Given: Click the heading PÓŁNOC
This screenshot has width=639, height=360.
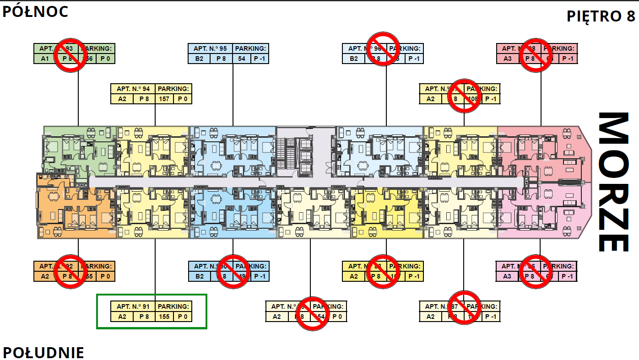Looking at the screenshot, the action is click(x=36, y=11).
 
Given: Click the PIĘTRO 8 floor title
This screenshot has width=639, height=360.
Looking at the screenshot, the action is click(x=601, y=16).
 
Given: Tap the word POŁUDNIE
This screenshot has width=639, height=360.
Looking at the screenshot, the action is click(x=43, y=352).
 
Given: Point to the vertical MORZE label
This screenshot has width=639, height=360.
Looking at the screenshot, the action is click(x=613, y=182).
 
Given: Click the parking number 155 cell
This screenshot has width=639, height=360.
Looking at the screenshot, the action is click(x=164, y=317).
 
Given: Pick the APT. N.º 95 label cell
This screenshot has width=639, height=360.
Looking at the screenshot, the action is click(x=210, y=48).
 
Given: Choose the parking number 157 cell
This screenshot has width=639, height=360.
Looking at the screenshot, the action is click(x=164, y=99).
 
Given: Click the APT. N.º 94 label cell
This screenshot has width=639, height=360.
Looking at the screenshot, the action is click(x=133, y=89).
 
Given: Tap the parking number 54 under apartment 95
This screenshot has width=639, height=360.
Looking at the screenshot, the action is click(x=241, y=59).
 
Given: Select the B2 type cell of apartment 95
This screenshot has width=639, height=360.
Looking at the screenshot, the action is click(x=199, y=59).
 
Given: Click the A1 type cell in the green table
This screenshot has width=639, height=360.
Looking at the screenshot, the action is click(x=45, y=59).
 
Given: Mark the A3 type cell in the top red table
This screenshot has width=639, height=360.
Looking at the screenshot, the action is click(x=508, y=59).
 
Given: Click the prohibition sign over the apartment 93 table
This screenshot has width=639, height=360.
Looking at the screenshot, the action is click(x=70, y=54).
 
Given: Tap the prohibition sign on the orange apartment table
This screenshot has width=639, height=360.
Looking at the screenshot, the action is click(x=70, y=271).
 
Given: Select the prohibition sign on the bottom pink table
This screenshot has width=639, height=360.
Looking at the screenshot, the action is click(x=536, y=271).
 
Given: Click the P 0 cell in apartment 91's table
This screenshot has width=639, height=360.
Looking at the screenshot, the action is click(x=183, y=317).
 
